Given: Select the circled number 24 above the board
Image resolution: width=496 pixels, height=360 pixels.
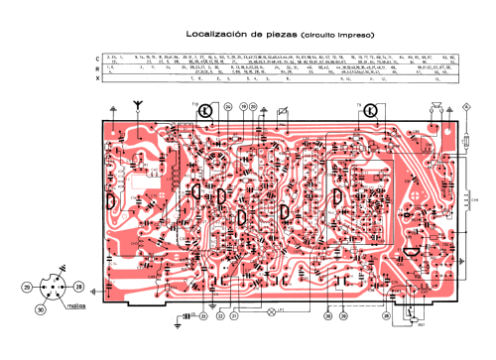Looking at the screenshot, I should [227, 105].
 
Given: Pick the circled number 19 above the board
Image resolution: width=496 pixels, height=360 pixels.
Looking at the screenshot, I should [241, 105].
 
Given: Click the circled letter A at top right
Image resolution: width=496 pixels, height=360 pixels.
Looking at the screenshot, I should [467, 105].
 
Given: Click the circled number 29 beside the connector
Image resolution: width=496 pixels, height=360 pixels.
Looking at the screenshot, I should [27, 287].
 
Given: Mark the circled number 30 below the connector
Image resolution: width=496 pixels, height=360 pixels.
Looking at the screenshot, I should [41, 308].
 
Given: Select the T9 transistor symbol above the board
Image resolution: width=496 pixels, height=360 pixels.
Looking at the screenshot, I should [369, 111].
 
